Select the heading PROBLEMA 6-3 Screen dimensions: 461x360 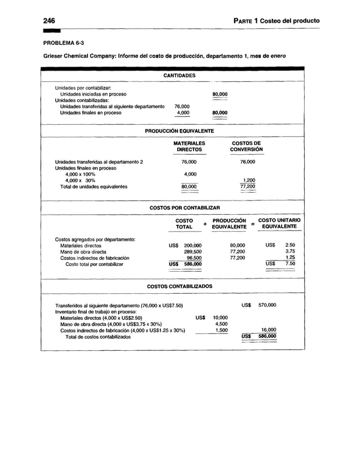[64, 43]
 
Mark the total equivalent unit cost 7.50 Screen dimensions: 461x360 [289, 264]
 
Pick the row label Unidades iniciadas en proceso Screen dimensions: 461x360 [93, 94]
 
